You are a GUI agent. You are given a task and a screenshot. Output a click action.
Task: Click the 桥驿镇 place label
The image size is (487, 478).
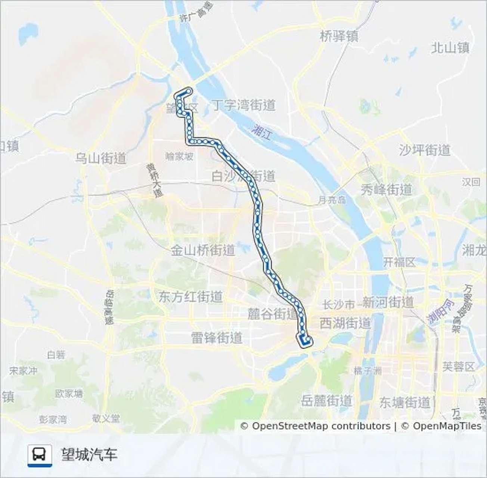[x=339, y=36]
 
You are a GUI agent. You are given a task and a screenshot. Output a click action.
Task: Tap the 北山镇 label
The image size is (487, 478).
[x=450, y=48]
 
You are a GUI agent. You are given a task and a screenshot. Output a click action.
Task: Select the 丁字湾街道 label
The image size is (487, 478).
[x=243, y=105]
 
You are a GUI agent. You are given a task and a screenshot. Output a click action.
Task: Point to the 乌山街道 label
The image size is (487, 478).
[x=100, y=159]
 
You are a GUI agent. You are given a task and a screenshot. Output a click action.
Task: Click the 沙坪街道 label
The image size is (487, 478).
[x=425, y=150]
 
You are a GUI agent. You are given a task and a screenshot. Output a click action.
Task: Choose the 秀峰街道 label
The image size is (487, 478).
[x=386, y=190]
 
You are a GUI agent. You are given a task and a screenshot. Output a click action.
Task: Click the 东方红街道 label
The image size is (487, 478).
[x=190, y=297]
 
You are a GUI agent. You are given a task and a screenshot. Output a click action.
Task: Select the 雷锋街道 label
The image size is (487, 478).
[x=217, y=338]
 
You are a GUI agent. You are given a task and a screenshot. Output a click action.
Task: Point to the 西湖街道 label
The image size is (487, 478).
[x=345, y=323]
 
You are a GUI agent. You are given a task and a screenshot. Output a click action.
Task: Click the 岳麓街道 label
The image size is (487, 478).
[x=327, y=401]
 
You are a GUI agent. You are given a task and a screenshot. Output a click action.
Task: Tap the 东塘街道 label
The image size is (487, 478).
[x=405, y=403]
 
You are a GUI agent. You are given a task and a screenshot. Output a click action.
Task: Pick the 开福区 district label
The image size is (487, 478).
[x=399, y=262]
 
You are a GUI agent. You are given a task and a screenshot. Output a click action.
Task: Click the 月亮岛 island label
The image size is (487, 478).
[x=332, y=201]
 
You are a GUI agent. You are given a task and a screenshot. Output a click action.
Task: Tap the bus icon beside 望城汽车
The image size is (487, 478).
[x=40, y=455]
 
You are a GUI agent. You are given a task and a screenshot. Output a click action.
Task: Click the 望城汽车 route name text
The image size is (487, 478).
[x=89, y=454]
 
